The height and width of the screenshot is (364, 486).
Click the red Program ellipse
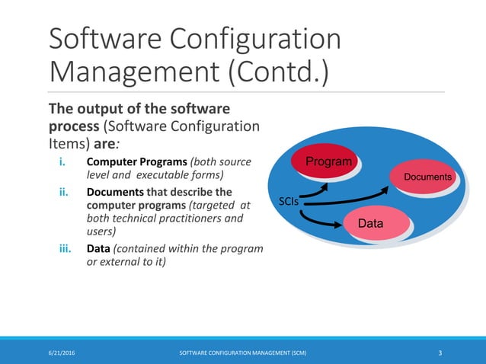coord(328,161)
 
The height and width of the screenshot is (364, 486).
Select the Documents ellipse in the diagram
coord(427,177)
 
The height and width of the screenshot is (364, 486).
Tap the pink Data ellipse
coord(370,223)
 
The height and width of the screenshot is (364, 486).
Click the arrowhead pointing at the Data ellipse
coord(339,225)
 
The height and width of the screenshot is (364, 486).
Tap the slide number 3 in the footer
coord(440,353)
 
